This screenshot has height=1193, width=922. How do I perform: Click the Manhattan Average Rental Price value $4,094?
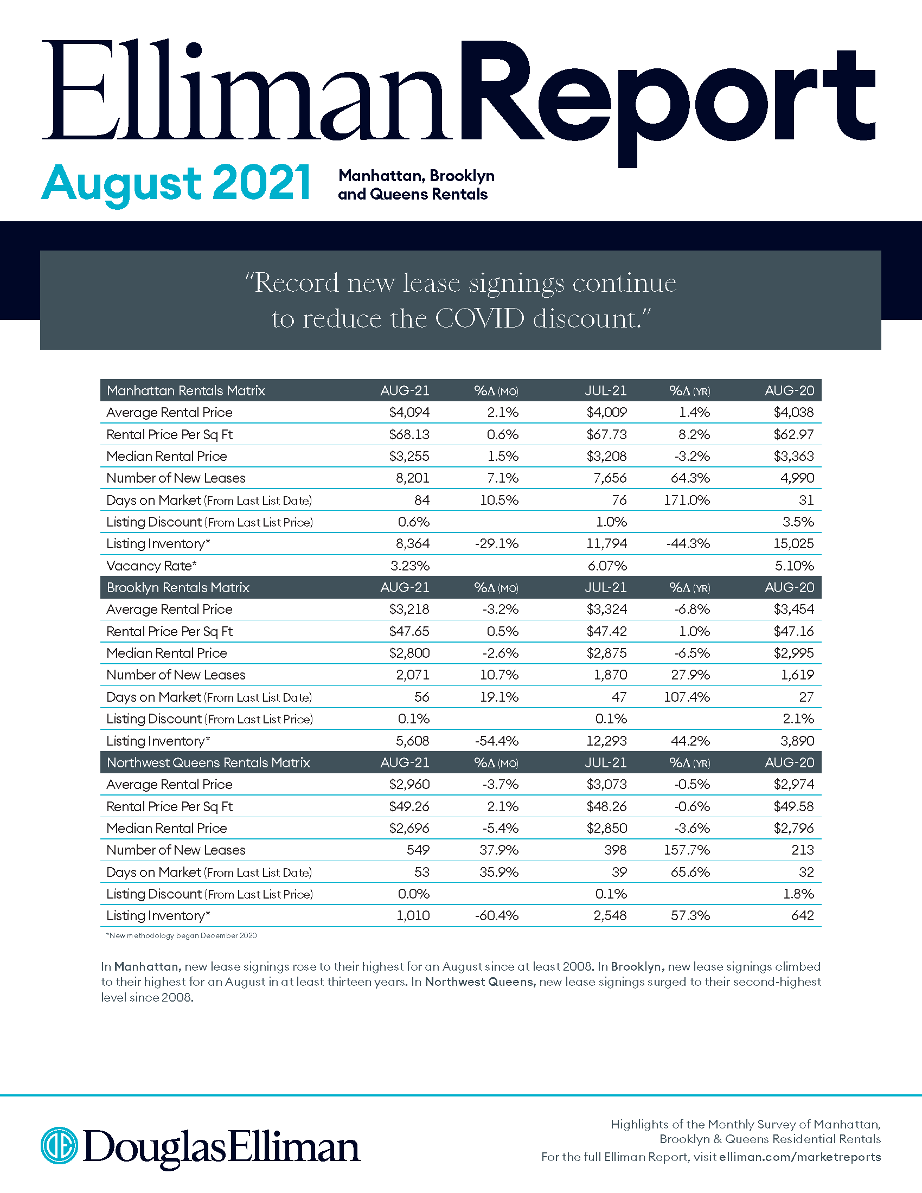[409, 413]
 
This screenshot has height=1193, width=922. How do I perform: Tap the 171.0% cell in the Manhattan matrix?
[687, 500]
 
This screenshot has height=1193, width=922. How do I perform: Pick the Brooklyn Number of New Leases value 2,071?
[412, 675]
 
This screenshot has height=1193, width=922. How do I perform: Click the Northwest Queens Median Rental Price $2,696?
[409, 828]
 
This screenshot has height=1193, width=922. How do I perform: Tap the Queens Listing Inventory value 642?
[802, 915]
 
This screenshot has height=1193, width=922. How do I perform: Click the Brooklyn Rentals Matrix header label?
[178, 587]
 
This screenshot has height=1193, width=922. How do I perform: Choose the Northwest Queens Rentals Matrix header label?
[208, 762]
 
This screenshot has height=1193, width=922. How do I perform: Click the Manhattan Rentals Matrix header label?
[185, 390]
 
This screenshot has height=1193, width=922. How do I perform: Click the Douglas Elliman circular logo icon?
[59, 1145]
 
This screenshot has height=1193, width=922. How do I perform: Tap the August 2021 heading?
[176, 183]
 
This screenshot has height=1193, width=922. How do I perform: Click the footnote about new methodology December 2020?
[181, 936]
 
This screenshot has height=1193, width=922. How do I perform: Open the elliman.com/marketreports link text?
[799, 1157]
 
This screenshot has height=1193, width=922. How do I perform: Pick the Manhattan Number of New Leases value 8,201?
[412, 478]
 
